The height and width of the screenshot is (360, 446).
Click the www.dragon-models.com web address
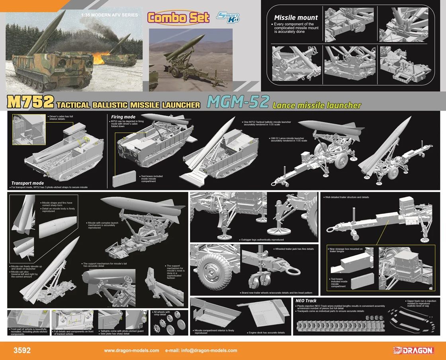coord(131,351)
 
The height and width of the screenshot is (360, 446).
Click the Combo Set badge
coord(178,18)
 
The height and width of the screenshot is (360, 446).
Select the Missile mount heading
coord(296,18)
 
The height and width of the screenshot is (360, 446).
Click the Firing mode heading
coord(123,117)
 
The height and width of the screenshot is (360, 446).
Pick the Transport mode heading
coord(27,183)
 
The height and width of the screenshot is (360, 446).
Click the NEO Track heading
coord(306,301)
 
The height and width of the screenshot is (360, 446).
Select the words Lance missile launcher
coord(317,106)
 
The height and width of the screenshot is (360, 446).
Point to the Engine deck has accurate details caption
coord(266,333)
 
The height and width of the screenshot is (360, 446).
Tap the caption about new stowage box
coord(346,250)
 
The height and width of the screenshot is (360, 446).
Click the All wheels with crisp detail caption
coord(163,313)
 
